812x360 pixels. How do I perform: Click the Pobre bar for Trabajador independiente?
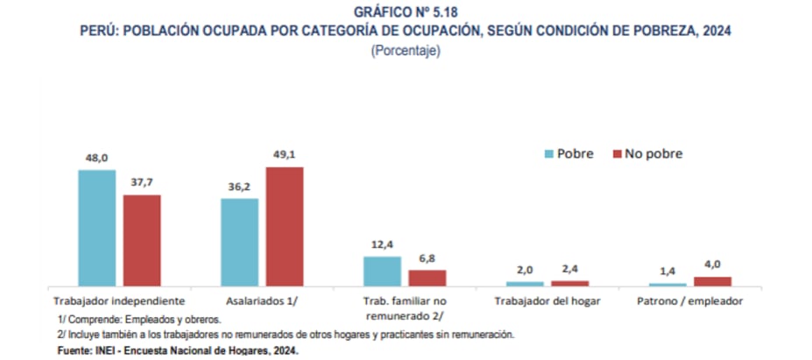tap(96, 228)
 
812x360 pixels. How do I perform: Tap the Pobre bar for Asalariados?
tap(239, 242)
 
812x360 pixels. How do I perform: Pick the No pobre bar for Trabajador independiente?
tap(142, 240)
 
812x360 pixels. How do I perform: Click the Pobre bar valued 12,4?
tap(382, 271)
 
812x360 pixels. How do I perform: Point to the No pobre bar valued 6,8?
tap(427, 277)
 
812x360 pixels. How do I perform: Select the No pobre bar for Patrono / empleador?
tap(712, 280)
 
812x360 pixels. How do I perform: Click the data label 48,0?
tap(96, 158)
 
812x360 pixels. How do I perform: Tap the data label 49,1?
tap(285, 155)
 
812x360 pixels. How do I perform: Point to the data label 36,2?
tap(239, 187)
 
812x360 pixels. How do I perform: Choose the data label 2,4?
tap(570, 270)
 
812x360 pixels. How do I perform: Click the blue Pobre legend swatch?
tap(549, 154)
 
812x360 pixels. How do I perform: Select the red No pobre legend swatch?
tap(617, 154)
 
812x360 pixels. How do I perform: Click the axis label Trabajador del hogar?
tap(547, 300)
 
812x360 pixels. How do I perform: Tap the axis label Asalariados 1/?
tap(262, 300)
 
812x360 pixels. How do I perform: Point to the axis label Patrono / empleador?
tap(690, 300)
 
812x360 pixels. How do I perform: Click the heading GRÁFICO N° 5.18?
tap(406, 11)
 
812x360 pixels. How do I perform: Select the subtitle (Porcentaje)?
tap(406, 50)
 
